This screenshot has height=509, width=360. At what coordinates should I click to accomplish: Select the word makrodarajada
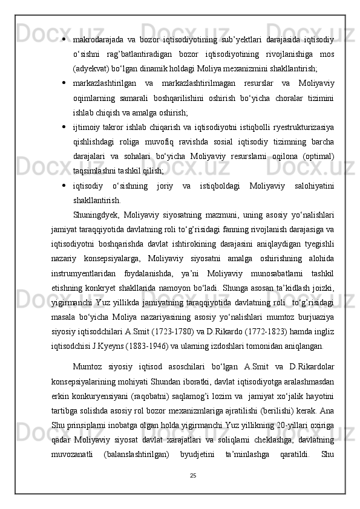(x=97, y=41)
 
